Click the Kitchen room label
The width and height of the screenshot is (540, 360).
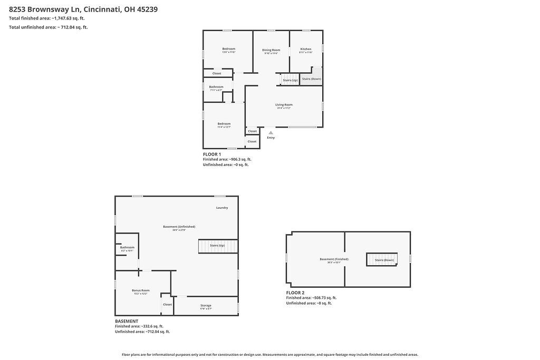(306, 50)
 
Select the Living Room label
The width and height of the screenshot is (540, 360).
(284, 105)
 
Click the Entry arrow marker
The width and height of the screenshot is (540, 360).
(271, 133)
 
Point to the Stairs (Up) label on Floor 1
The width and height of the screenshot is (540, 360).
(290, 80)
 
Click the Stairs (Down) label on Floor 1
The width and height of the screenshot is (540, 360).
(311, 79)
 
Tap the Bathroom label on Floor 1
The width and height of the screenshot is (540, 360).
(216, 87)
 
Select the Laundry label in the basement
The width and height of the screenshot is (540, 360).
(222, 208)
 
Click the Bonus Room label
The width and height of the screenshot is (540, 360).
(141, 290)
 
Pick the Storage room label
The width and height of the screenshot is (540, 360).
(206, 306)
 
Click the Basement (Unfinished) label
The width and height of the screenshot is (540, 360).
(179, 227)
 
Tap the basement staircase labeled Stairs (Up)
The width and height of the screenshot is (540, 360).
(218, 246)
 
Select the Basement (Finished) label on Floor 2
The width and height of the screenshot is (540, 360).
(334, 259)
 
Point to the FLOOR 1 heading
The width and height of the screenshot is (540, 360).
(212, 154)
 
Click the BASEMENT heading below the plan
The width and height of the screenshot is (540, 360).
(127, 321)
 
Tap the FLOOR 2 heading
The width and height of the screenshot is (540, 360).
(295, 293)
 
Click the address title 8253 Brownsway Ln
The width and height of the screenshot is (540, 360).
(83, 9)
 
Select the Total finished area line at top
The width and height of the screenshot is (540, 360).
(46, 18)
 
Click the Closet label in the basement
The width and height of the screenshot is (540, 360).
(167, 305)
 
